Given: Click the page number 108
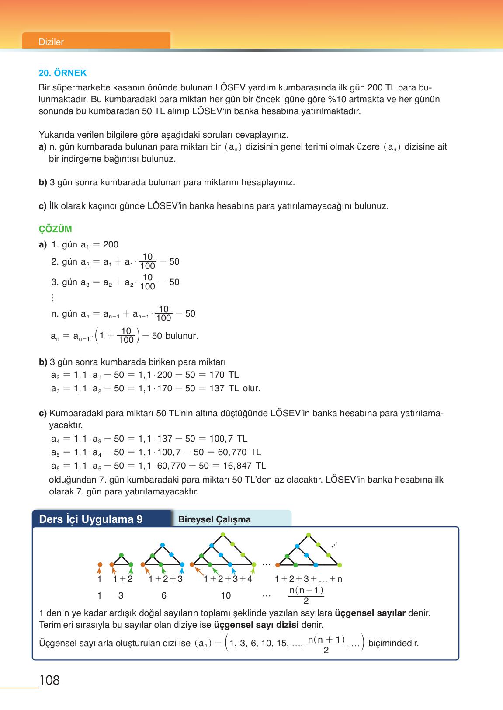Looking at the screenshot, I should click(x=49, y=680).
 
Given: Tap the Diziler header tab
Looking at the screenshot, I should click(x=52, y=42).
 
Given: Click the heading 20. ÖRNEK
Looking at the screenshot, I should click(x=62, y=73).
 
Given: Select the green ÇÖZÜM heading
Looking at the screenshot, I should click(x=56, y=229).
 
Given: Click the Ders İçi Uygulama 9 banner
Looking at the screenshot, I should click(x=91, y=519).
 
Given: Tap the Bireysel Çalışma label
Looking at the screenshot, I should click(x=215, y=519).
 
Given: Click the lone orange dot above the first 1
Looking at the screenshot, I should click(x=100, y=564).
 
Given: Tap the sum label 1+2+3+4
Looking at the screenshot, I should click(x=228, y=579).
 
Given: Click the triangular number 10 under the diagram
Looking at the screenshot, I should click(x=226, y=595).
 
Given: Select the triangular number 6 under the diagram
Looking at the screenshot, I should click(x=164, y=595).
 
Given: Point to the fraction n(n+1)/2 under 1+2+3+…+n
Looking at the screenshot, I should click(x=306, y=595).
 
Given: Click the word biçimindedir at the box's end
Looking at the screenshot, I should click(x=393, y=644).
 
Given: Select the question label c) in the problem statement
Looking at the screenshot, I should click(x=43, y=206).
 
